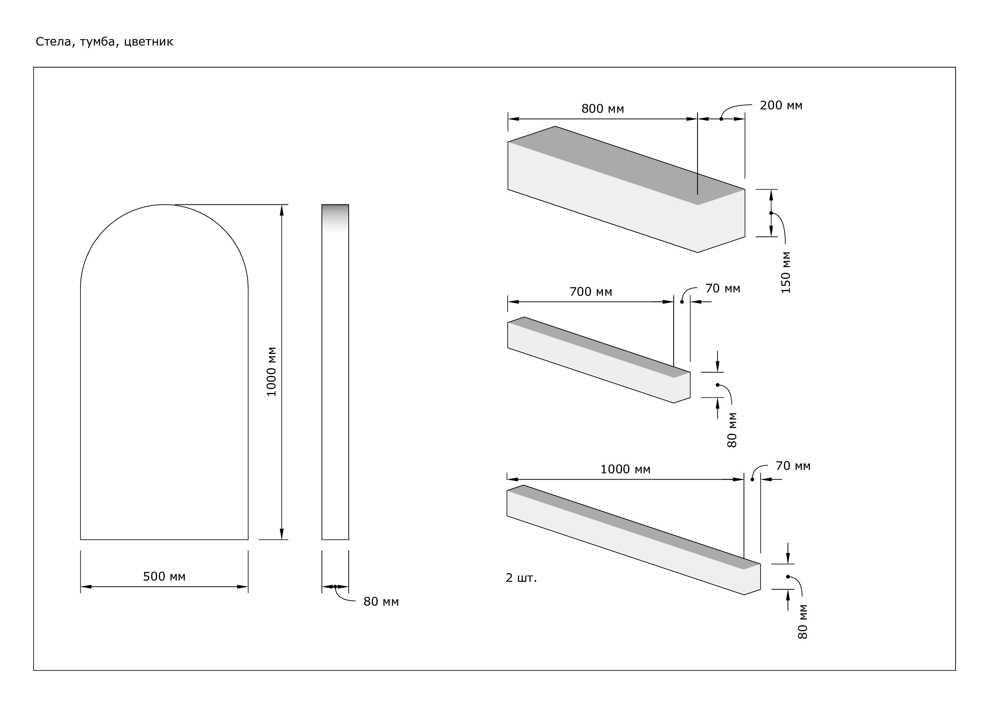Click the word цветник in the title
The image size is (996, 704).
148,42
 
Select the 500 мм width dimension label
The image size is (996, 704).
164,577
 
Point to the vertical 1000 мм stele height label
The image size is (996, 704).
272,372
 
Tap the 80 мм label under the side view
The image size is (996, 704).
381,602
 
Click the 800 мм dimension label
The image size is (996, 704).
603,109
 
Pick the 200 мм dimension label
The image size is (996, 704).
781,105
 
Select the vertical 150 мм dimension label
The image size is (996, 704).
786,273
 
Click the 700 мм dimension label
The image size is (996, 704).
591,292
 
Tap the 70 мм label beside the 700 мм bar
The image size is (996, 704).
723,288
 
